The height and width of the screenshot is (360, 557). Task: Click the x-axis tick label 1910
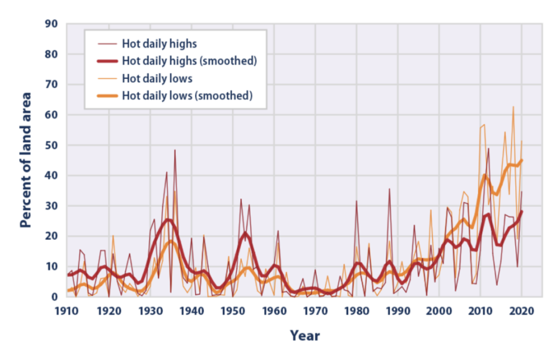click(66, 311)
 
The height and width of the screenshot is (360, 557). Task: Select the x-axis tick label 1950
click(233, 311)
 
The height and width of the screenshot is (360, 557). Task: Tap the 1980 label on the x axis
click(357, 311)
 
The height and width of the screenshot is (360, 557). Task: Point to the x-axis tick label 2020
click(522, 311)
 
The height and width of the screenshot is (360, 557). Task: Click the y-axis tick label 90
click(51, 24)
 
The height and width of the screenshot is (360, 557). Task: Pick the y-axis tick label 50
click(51, 145)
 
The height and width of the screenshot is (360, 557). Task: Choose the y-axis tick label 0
click(55, 297)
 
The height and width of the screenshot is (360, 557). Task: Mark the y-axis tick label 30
click(51, 206)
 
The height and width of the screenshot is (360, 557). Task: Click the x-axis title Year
click(305, 336)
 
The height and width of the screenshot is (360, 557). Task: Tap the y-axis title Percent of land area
click(26, 160)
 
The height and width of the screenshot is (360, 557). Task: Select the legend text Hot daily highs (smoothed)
click(189, 61)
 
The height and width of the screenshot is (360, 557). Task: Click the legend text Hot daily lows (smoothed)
click(187, 96)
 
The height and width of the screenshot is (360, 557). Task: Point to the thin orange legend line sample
click(107, 78)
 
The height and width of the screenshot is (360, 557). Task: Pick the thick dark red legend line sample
click(107, 61)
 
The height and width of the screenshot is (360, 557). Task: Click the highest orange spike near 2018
click(513, 107)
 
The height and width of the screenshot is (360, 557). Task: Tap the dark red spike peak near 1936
click(175, 150)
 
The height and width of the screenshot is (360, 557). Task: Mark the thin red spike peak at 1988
click(389, 189)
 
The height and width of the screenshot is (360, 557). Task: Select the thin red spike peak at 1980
click(356, 201)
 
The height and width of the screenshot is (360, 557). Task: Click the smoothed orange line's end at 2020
click(522, 160)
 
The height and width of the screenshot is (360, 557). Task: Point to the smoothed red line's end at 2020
click(522, 212)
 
